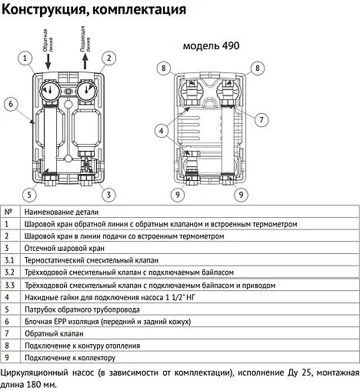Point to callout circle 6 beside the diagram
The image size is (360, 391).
point(12,103)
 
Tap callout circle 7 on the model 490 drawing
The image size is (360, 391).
point(262,119)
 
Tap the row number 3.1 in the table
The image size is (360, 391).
point(9,260)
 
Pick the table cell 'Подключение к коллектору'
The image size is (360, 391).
point(70,358)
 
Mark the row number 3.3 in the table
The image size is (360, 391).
point(9,285)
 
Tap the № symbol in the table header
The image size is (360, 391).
point(8,211)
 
